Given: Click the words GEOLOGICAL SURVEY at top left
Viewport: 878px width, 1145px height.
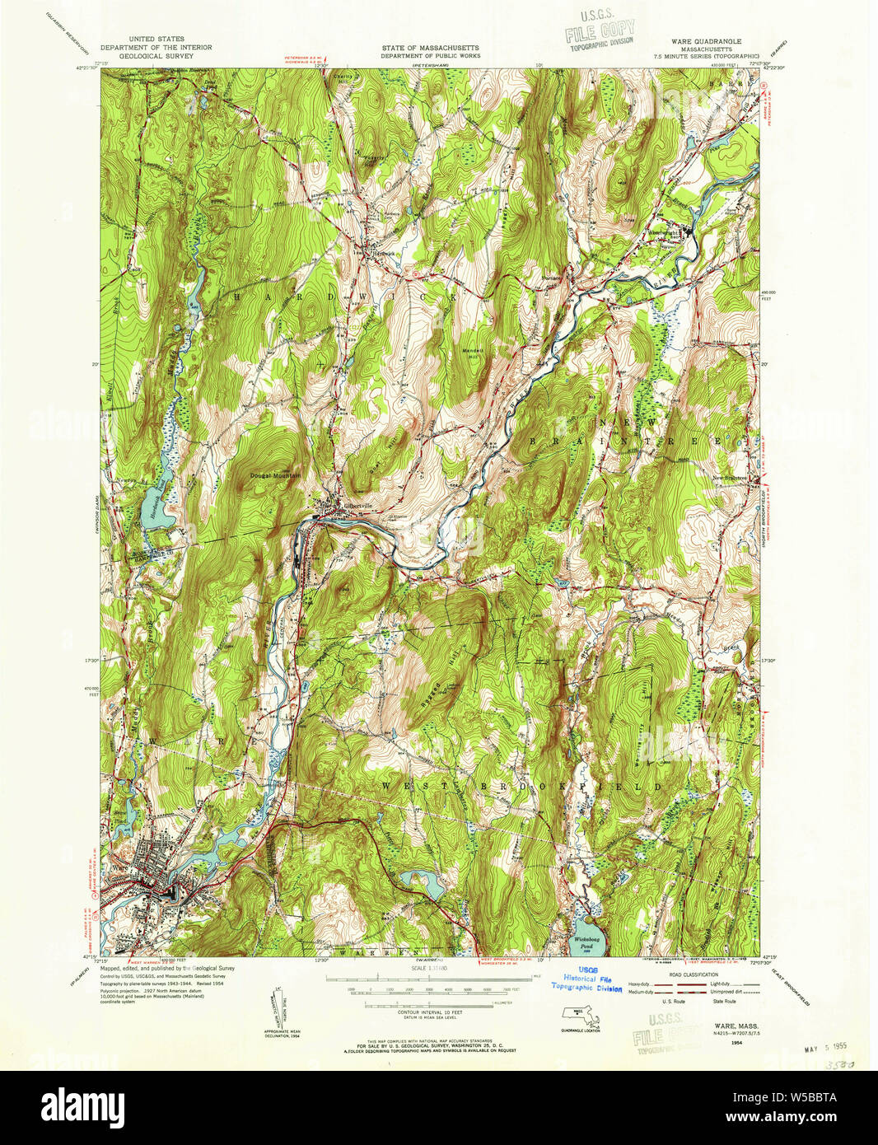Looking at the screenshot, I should click(156, 56).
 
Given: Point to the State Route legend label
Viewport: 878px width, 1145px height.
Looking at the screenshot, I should click(724, 1002).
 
